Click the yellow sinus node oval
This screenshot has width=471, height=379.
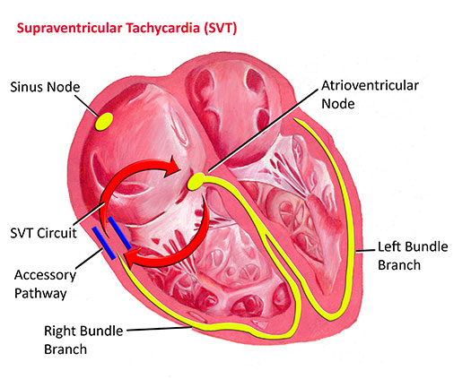click(104, 122)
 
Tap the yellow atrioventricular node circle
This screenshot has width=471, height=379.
click(196, 182)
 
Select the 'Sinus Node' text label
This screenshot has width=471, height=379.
click(45, 87)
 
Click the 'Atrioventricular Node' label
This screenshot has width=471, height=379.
click(370, 94)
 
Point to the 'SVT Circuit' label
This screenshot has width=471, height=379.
click(44, 233)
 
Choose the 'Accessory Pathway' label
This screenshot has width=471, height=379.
click(45, 284)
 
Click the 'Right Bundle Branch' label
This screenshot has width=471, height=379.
click(83, 340)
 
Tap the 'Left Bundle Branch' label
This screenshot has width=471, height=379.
click(413, 255)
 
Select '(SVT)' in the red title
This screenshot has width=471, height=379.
click(220, 28)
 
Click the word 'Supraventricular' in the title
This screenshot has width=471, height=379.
click(69, 28)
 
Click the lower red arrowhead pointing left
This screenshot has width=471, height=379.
click(132, 258)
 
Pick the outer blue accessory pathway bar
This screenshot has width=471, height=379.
click(104, 243)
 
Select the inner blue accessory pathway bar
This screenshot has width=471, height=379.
click(119, 233)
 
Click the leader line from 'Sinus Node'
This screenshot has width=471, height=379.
click(87, 106)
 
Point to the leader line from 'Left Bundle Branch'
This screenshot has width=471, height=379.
click(365, 251)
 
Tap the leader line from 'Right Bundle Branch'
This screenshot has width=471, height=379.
click(159, 329)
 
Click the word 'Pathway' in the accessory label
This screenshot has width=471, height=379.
click(40, 294)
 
